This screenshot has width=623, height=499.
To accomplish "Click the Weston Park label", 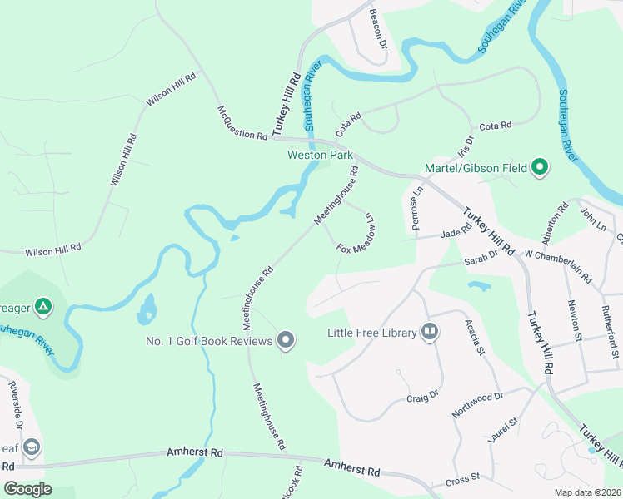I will point(320,156).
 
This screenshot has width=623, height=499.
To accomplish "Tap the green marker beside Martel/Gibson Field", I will point(540,168).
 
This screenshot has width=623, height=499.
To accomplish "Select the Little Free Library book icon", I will point(430,333).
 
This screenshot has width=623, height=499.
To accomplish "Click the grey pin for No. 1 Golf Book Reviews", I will point(286,340).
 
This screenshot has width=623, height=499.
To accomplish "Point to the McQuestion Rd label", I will point(242,122).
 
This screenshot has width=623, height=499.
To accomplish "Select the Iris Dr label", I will point(465,146).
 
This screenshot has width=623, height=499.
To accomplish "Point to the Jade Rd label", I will point(456,235).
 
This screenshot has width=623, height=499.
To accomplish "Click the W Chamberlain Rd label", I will point(557,265).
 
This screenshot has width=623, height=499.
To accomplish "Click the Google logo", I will point(27,489).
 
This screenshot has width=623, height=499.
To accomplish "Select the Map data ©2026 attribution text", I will point(588,492).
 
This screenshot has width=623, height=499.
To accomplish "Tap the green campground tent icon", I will point(43,307).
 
